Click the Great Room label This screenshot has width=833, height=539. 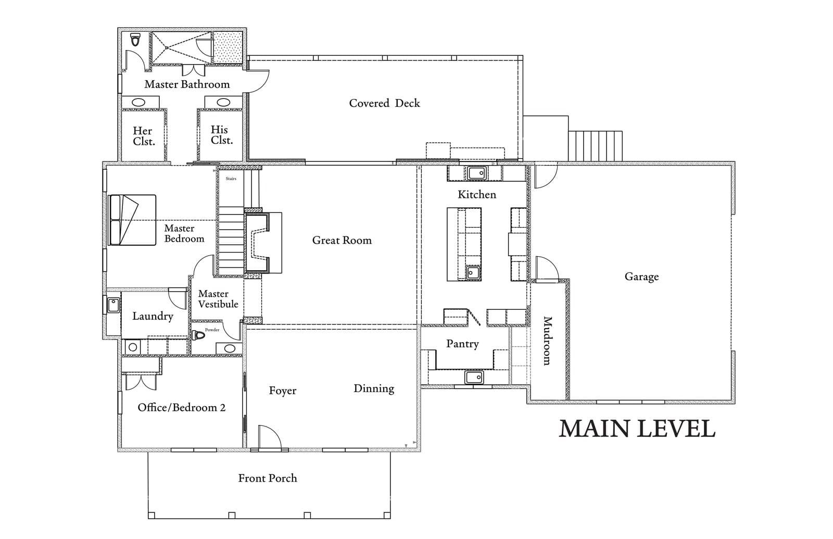click(342, 241)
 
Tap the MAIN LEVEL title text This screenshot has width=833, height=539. click(637, 429)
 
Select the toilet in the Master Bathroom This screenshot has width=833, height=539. click(136, 40)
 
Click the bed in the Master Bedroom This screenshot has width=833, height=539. click(132, 220)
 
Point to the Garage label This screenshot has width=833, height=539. click(641, 277)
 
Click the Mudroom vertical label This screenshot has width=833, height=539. click(547, 341)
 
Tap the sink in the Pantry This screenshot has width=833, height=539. click(474, 377)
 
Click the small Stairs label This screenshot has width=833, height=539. click(231, 179)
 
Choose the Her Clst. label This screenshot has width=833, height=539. click(143, 136)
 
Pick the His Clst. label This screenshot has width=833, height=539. click(221, 135)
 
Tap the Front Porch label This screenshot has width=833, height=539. click(268, 478)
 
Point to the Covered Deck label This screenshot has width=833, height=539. click(384, 103)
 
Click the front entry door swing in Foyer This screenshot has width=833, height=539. click(269, 437)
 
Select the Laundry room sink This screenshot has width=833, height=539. click(113, 305)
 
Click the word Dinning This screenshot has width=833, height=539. click(373, 388)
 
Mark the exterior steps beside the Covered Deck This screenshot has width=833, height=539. click(595, 146)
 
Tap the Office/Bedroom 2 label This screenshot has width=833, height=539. click(181, 407)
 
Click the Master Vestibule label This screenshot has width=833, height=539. click(218, 299)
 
